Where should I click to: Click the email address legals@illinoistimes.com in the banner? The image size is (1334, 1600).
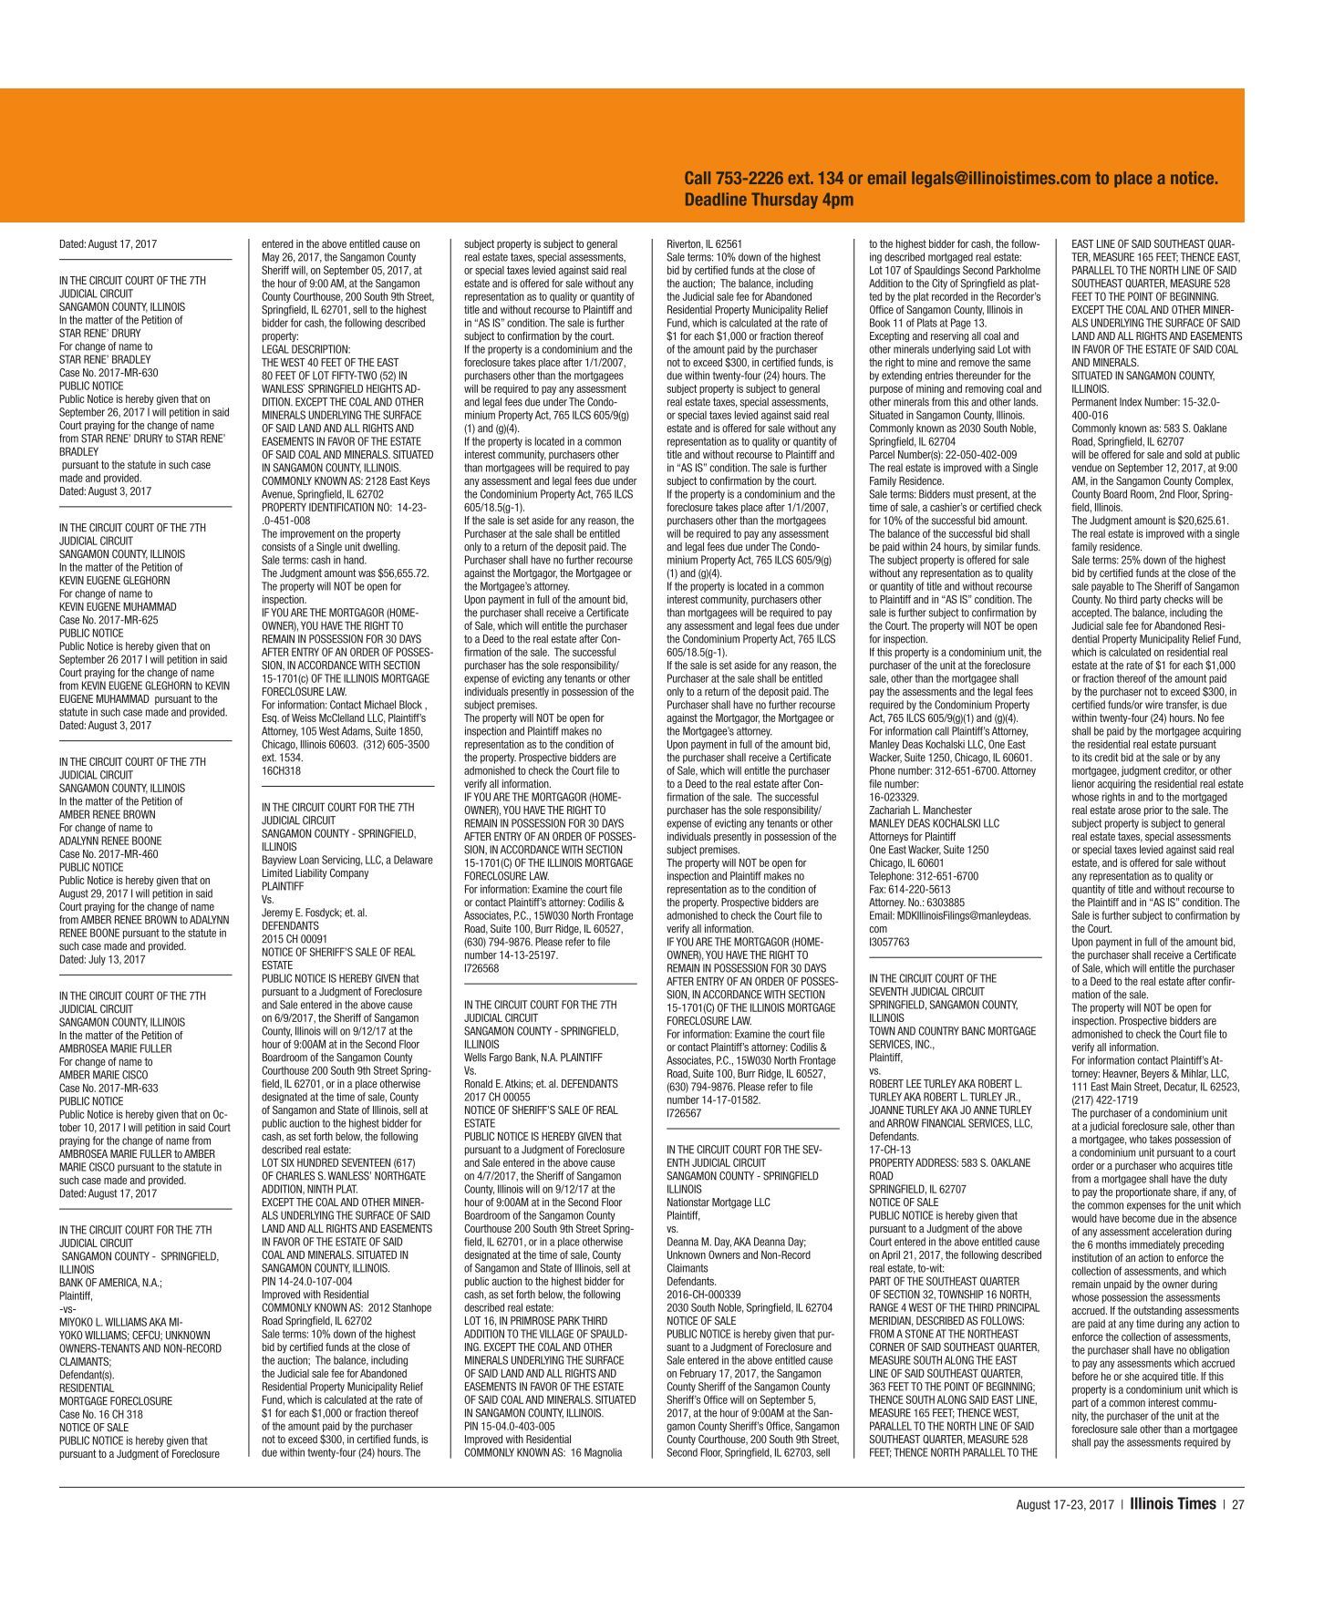click(1001, 179)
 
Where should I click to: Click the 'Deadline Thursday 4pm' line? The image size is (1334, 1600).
click(769, 200)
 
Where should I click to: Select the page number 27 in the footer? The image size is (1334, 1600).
click(1237, 1504)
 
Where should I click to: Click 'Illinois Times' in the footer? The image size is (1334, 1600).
click(1172, 1504)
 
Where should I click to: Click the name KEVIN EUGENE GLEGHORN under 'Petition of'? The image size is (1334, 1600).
click(114, 580)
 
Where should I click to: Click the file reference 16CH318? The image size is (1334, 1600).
click(281, 770)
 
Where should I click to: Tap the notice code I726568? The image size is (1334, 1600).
click(481, 968)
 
